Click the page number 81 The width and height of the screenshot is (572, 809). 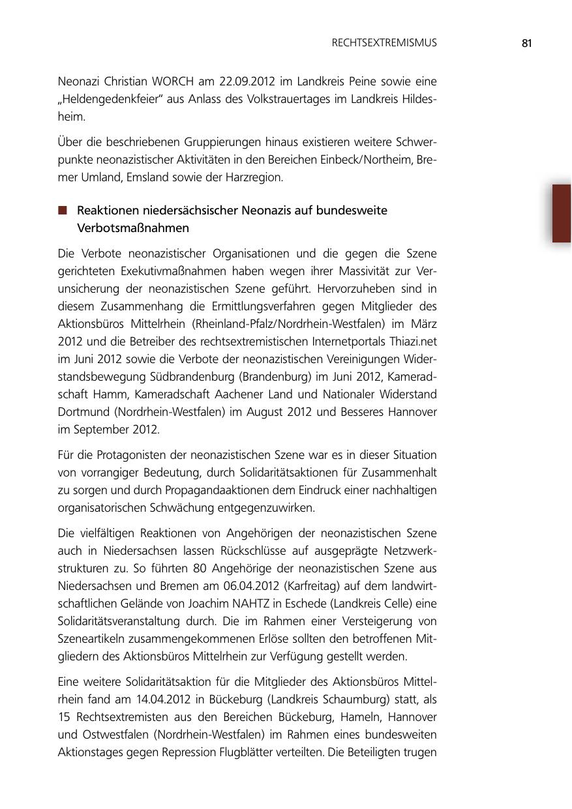pyautogui.click(x=527, y=43)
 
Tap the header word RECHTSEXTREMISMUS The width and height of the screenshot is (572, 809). pyautogui.click(x=384, y=43)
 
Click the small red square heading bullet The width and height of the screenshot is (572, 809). pyautogui.click(x=63, y=211)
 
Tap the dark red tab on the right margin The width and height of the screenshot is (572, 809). pyautogui.click(x=561, y=213)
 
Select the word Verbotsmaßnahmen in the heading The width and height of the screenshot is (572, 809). pyautogui.click(x=133, y=228)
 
